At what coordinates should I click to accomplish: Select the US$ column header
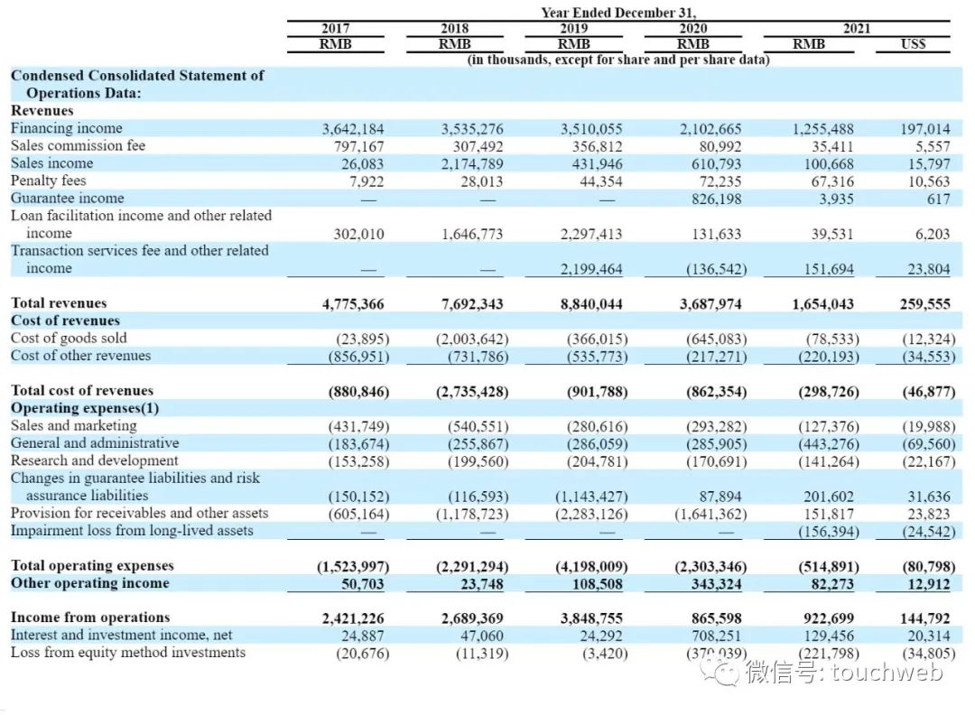click(x=913, y=43)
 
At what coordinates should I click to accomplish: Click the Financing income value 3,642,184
click(x=353, y=129)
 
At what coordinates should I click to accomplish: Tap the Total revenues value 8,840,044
click(x=591, y=304)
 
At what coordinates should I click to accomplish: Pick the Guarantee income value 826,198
click(x=710, y=199)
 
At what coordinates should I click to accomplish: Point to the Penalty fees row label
click(x=49, y=181)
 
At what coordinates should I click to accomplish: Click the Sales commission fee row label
click(x=78, y=145)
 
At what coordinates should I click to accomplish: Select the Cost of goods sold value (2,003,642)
click(x=472, y=339)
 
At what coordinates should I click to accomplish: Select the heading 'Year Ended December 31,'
click(x=618, y=13)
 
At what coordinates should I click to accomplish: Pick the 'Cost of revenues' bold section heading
click(x=65, y=320)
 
